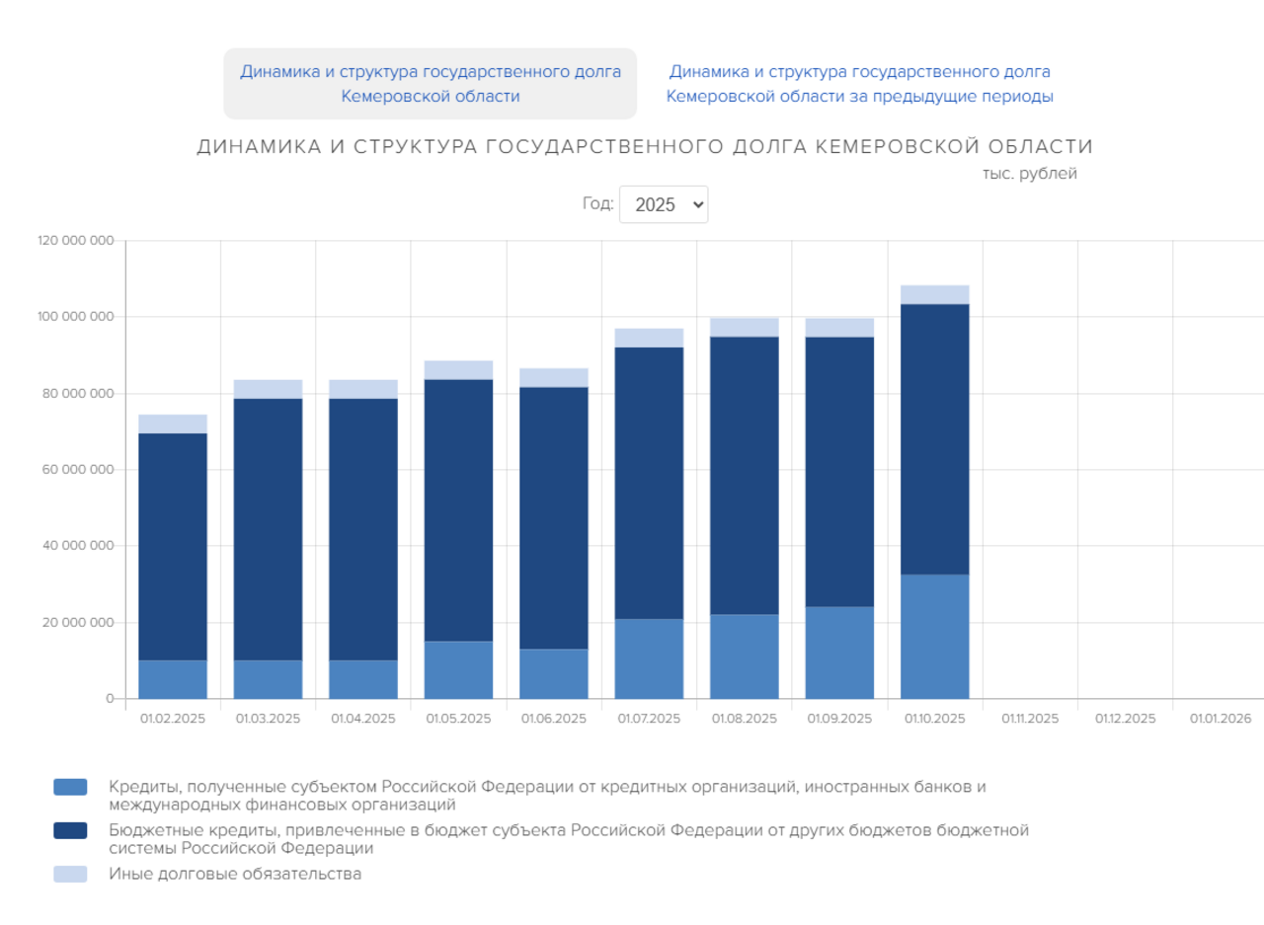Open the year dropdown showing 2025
point(663,204)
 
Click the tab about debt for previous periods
point(859,84)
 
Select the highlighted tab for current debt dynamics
point(430,84)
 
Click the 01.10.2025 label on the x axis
point(934,719)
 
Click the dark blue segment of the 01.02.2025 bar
point(173,546)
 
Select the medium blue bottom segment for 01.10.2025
point(934,636)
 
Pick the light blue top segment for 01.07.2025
point(649,338)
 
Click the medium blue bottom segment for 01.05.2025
point(458,669)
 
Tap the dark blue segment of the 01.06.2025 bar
point(554,517)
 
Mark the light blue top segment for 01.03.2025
point(268,389)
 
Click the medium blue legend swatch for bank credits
point(70,787)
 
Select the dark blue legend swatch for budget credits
point(70,831)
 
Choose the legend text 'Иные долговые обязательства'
point(235,874)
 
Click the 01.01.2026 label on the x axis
point(1221,719)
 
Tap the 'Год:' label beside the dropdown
point(597,204)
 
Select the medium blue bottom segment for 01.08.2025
point(745,656)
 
